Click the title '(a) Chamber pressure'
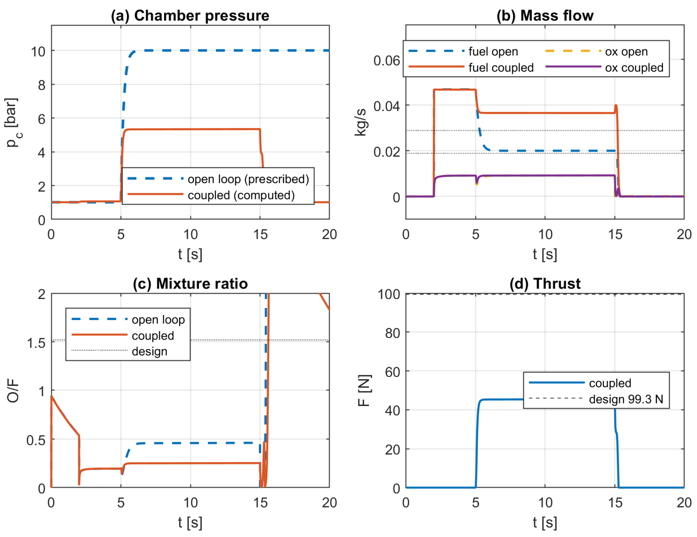click(x=190, y=16)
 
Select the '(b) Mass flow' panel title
click(x=545, y=16)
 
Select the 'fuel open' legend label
click(x=493, y=51)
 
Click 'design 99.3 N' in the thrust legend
click(x=626, y=399)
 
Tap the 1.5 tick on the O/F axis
click(x=36, y=343)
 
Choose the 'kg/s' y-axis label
click(x=361, y=122)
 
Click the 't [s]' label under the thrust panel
click(x=545, y=523)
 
